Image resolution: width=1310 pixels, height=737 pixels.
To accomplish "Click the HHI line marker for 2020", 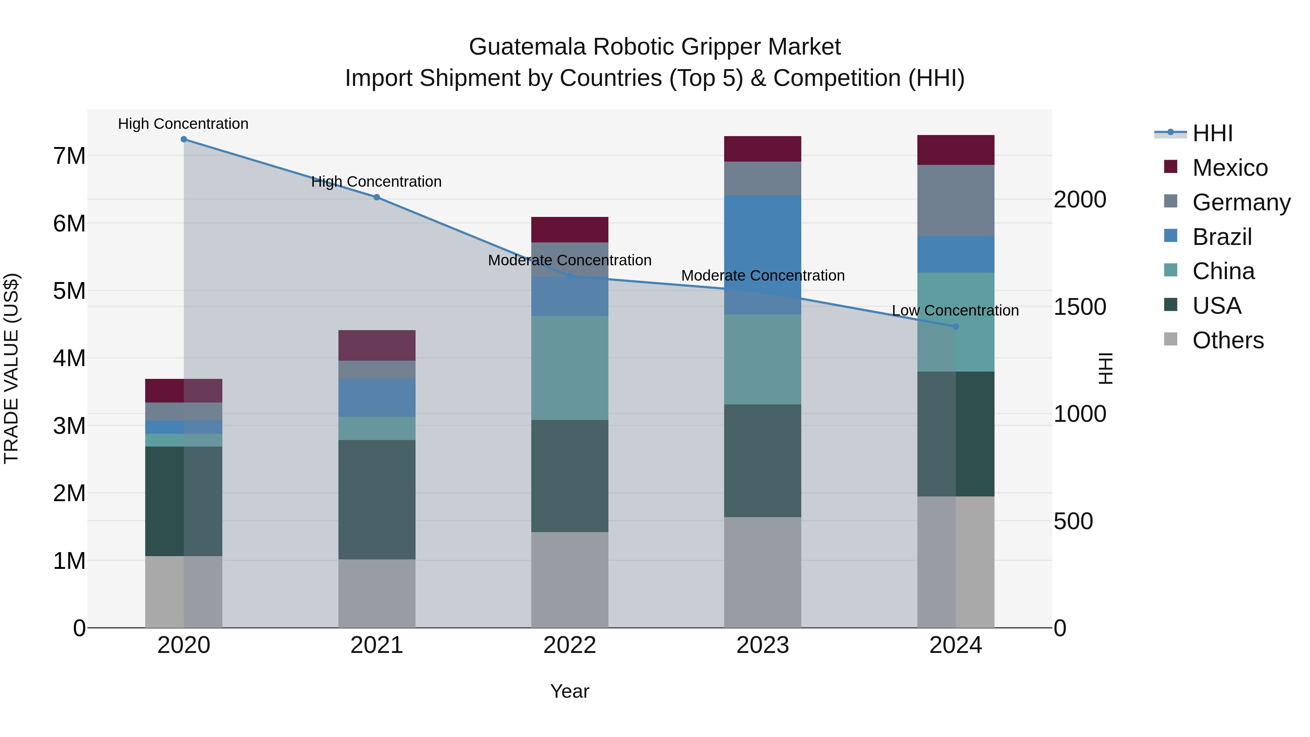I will (x=184, y=139).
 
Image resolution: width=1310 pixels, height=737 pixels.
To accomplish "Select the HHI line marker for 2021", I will (x=377, y=197).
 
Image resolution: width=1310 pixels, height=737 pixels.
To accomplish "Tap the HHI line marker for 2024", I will (x=956, y=326).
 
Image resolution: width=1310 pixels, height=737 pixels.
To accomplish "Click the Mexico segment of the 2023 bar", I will (x=762, y=149).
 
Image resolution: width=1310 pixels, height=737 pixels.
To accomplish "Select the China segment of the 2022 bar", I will (x=569, y=368).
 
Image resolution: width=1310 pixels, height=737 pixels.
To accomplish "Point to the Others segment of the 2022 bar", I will (x=569, y=580).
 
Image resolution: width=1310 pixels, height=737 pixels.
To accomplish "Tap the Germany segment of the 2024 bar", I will (x=956, y=201).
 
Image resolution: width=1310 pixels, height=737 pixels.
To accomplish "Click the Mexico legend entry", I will (x=1230, y=168).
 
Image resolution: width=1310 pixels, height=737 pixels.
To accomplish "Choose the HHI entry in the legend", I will (x=1212, y=133).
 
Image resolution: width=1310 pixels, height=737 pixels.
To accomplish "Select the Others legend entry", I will (x=1228, y=340).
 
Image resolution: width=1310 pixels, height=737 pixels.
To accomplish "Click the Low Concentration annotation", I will (x=955, y=310).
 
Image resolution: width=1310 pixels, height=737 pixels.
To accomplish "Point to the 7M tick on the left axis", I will (x=70, y=156).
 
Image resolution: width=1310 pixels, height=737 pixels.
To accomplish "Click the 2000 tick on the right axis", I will (x=1080, y=199).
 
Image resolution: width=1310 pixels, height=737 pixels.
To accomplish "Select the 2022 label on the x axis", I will (x=569, y=645).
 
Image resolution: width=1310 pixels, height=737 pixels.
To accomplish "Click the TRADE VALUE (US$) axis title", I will (x=11, y=368).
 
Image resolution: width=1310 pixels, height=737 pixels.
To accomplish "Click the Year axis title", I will (x=569, y=691).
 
